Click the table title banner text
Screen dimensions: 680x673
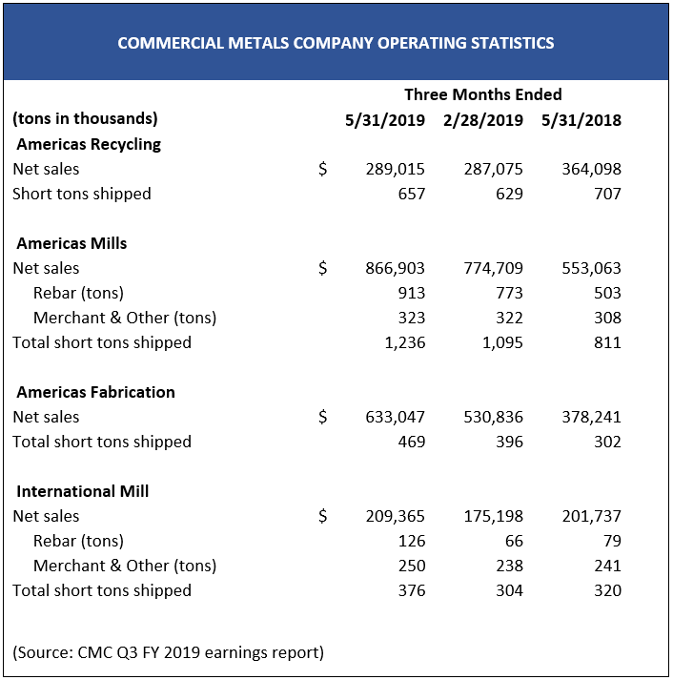click(336, 43)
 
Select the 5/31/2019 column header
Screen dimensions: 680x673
click(385, 120)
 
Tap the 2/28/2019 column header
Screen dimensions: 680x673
click(483, 120)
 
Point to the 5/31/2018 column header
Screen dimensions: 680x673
click(581, 120)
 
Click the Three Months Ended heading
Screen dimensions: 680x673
click(483, 94)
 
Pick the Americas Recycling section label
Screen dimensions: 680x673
click(89, 144)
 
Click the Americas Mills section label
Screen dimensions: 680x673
click(71, 243)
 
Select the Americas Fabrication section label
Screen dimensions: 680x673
click(95, 392)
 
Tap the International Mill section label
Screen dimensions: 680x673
click(83, 491)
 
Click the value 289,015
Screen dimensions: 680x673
click(395, 169)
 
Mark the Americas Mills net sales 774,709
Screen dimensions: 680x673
click(493, 268)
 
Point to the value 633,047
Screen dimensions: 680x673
click(395, 417)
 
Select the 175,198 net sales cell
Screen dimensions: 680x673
click(493, 516)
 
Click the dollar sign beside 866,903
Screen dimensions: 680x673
click(323, 268)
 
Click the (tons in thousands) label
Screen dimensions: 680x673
click(85, 119)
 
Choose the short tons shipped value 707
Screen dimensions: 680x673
click(607, 194)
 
